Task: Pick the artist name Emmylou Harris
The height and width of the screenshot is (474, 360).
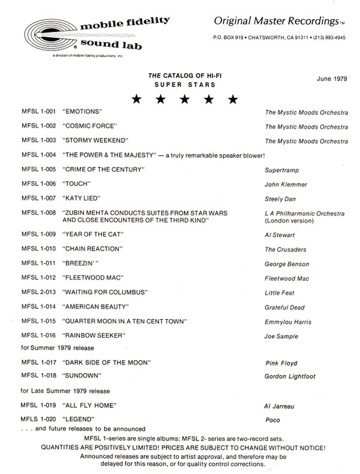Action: point(288,322)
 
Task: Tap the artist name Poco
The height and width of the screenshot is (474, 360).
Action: point(273,419)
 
